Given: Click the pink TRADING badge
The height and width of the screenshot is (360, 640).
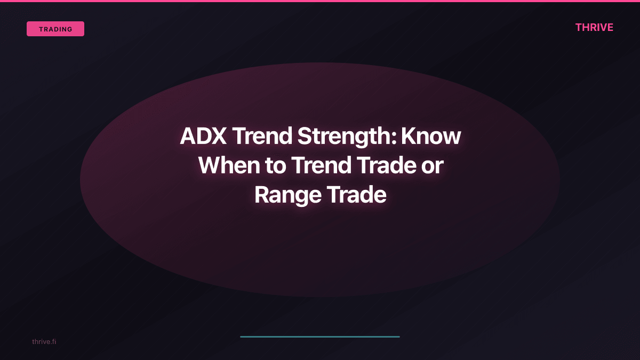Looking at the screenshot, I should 55,29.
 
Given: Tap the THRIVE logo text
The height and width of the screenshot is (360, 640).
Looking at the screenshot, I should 594,28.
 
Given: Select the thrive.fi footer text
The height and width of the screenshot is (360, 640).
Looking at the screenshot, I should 44,341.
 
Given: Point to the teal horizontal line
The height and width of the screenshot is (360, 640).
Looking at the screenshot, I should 320,337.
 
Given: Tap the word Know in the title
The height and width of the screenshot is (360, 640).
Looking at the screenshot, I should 431,137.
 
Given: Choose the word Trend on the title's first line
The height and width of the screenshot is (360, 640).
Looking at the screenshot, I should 261,137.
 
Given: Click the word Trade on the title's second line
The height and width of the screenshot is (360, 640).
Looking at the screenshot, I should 385,166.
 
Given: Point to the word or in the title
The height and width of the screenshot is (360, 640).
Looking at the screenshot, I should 432,166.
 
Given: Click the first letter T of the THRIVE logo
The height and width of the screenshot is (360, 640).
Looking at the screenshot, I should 579,28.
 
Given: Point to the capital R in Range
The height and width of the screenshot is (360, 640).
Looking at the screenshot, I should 262,195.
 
